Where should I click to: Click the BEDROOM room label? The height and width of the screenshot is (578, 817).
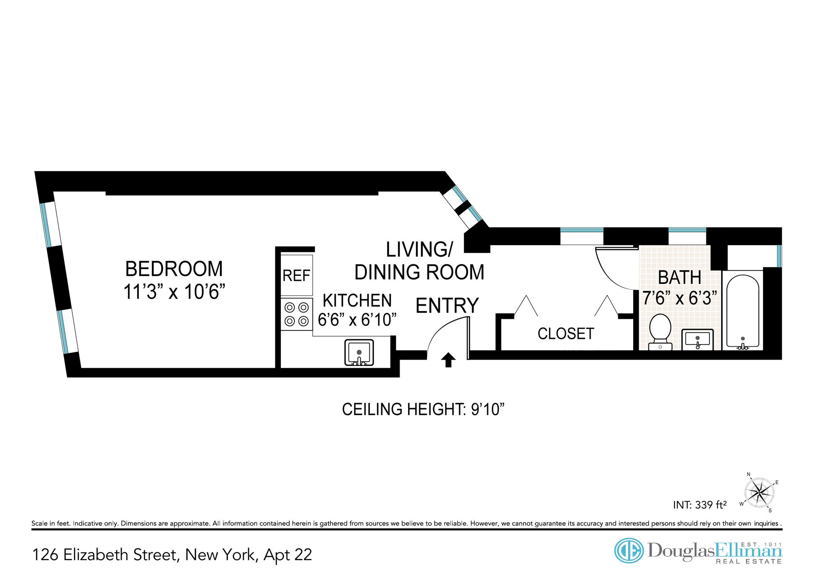174,269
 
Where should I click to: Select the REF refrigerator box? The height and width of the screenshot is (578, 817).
297,275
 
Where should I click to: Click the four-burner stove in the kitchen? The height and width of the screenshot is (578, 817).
297,314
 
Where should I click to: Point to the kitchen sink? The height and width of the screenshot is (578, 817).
359,353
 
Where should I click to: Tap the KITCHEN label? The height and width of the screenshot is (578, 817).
357,300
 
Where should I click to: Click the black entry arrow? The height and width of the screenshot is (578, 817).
448,360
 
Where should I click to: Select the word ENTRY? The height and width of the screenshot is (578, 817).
447,306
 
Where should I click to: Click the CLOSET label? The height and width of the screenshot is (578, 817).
566,334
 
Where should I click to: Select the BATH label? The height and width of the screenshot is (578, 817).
680,278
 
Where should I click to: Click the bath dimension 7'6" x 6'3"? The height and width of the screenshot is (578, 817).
680,298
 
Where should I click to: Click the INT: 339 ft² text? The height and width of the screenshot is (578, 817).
700,505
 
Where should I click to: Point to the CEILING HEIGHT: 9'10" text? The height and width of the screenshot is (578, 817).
423,409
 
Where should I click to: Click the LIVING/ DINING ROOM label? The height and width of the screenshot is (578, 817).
419,261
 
